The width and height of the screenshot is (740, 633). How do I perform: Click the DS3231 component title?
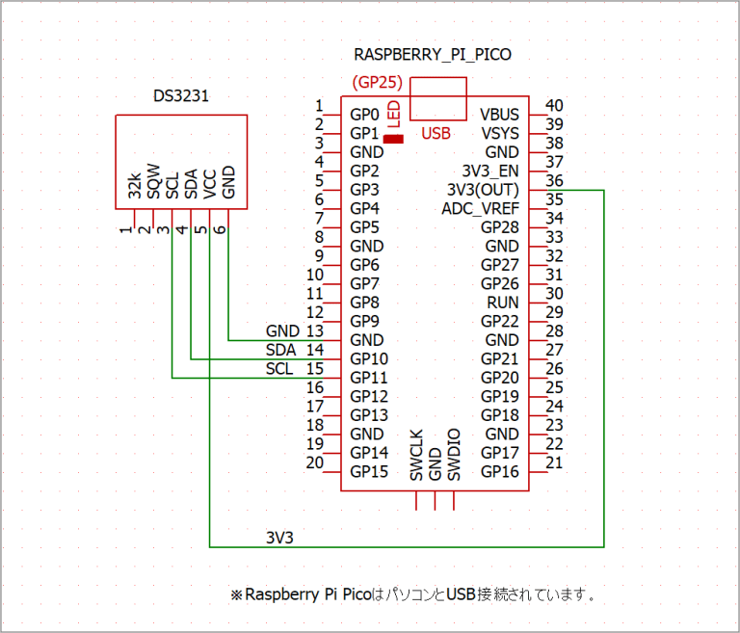181,96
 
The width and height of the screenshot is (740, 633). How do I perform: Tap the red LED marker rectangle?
393,140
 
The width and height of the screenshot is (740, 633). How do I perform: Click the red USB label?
436,134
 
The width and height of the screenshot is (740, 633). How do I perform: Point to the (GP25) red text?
377,82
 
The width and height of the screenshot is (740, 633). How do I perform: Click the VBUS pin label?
500,115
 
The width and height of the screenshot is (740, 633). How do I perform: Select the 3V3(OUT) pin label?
484,190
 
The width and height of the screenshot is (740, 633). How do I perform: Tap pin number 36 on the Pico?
554,180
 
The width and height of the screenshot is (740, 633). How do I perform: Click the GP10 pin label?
369,359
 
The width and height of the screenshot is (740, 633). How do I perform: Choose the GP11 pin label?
369,378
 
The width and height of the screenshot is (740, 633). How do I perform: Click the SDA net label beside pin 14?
281,350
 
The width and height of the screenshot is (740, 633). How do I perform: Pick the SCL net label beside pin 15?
281,369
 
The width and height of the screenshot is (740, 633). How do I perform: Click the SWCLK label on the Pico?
416,455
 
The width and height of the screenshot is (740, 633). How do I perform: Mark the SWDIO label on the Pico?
454,455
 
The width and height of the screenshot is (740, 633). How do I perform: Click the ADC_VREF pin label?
481,209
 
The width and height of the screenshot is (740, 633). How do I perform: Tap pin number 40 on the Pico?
554,105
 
